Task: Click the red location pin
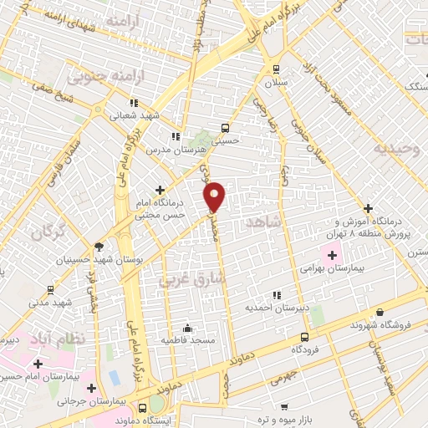pos(215,196)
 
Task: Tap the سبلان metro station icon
pos(277,70)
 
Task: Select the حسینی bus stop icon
pos(224,129)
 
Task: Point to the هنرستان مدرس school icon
pos(176,136)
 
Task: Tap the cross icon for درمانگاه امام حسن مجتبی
pos(160,191)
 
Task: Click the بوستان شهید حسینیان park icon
pos(99,247)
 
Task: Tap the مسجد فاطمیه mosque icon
pos(190,328)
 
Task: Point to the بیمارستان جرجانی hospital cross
pos(90,388)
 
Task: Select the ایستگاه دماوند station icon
pos(143,409)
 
